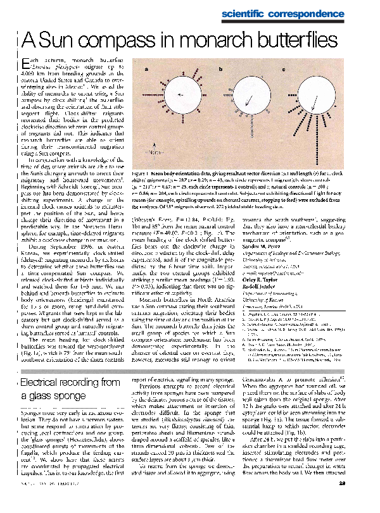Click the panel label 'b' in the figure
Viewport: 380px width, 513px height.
(x=221, y=68)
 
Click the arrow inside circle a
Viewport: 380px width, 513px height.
(x=182, y=95)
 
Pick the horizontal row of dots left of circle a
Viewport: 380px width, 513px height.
(x=152, y=95)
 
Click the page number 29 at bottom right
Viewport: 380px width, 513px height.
(x=358, y=503)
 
